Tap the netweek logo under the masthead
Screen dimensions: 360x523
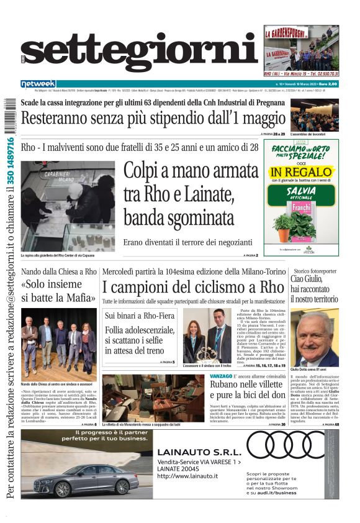(38, 84)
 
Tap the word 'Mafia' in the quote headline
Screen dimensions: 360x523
(76, 298)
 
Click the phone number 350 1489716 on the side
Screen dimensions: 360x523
(9, 161)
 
